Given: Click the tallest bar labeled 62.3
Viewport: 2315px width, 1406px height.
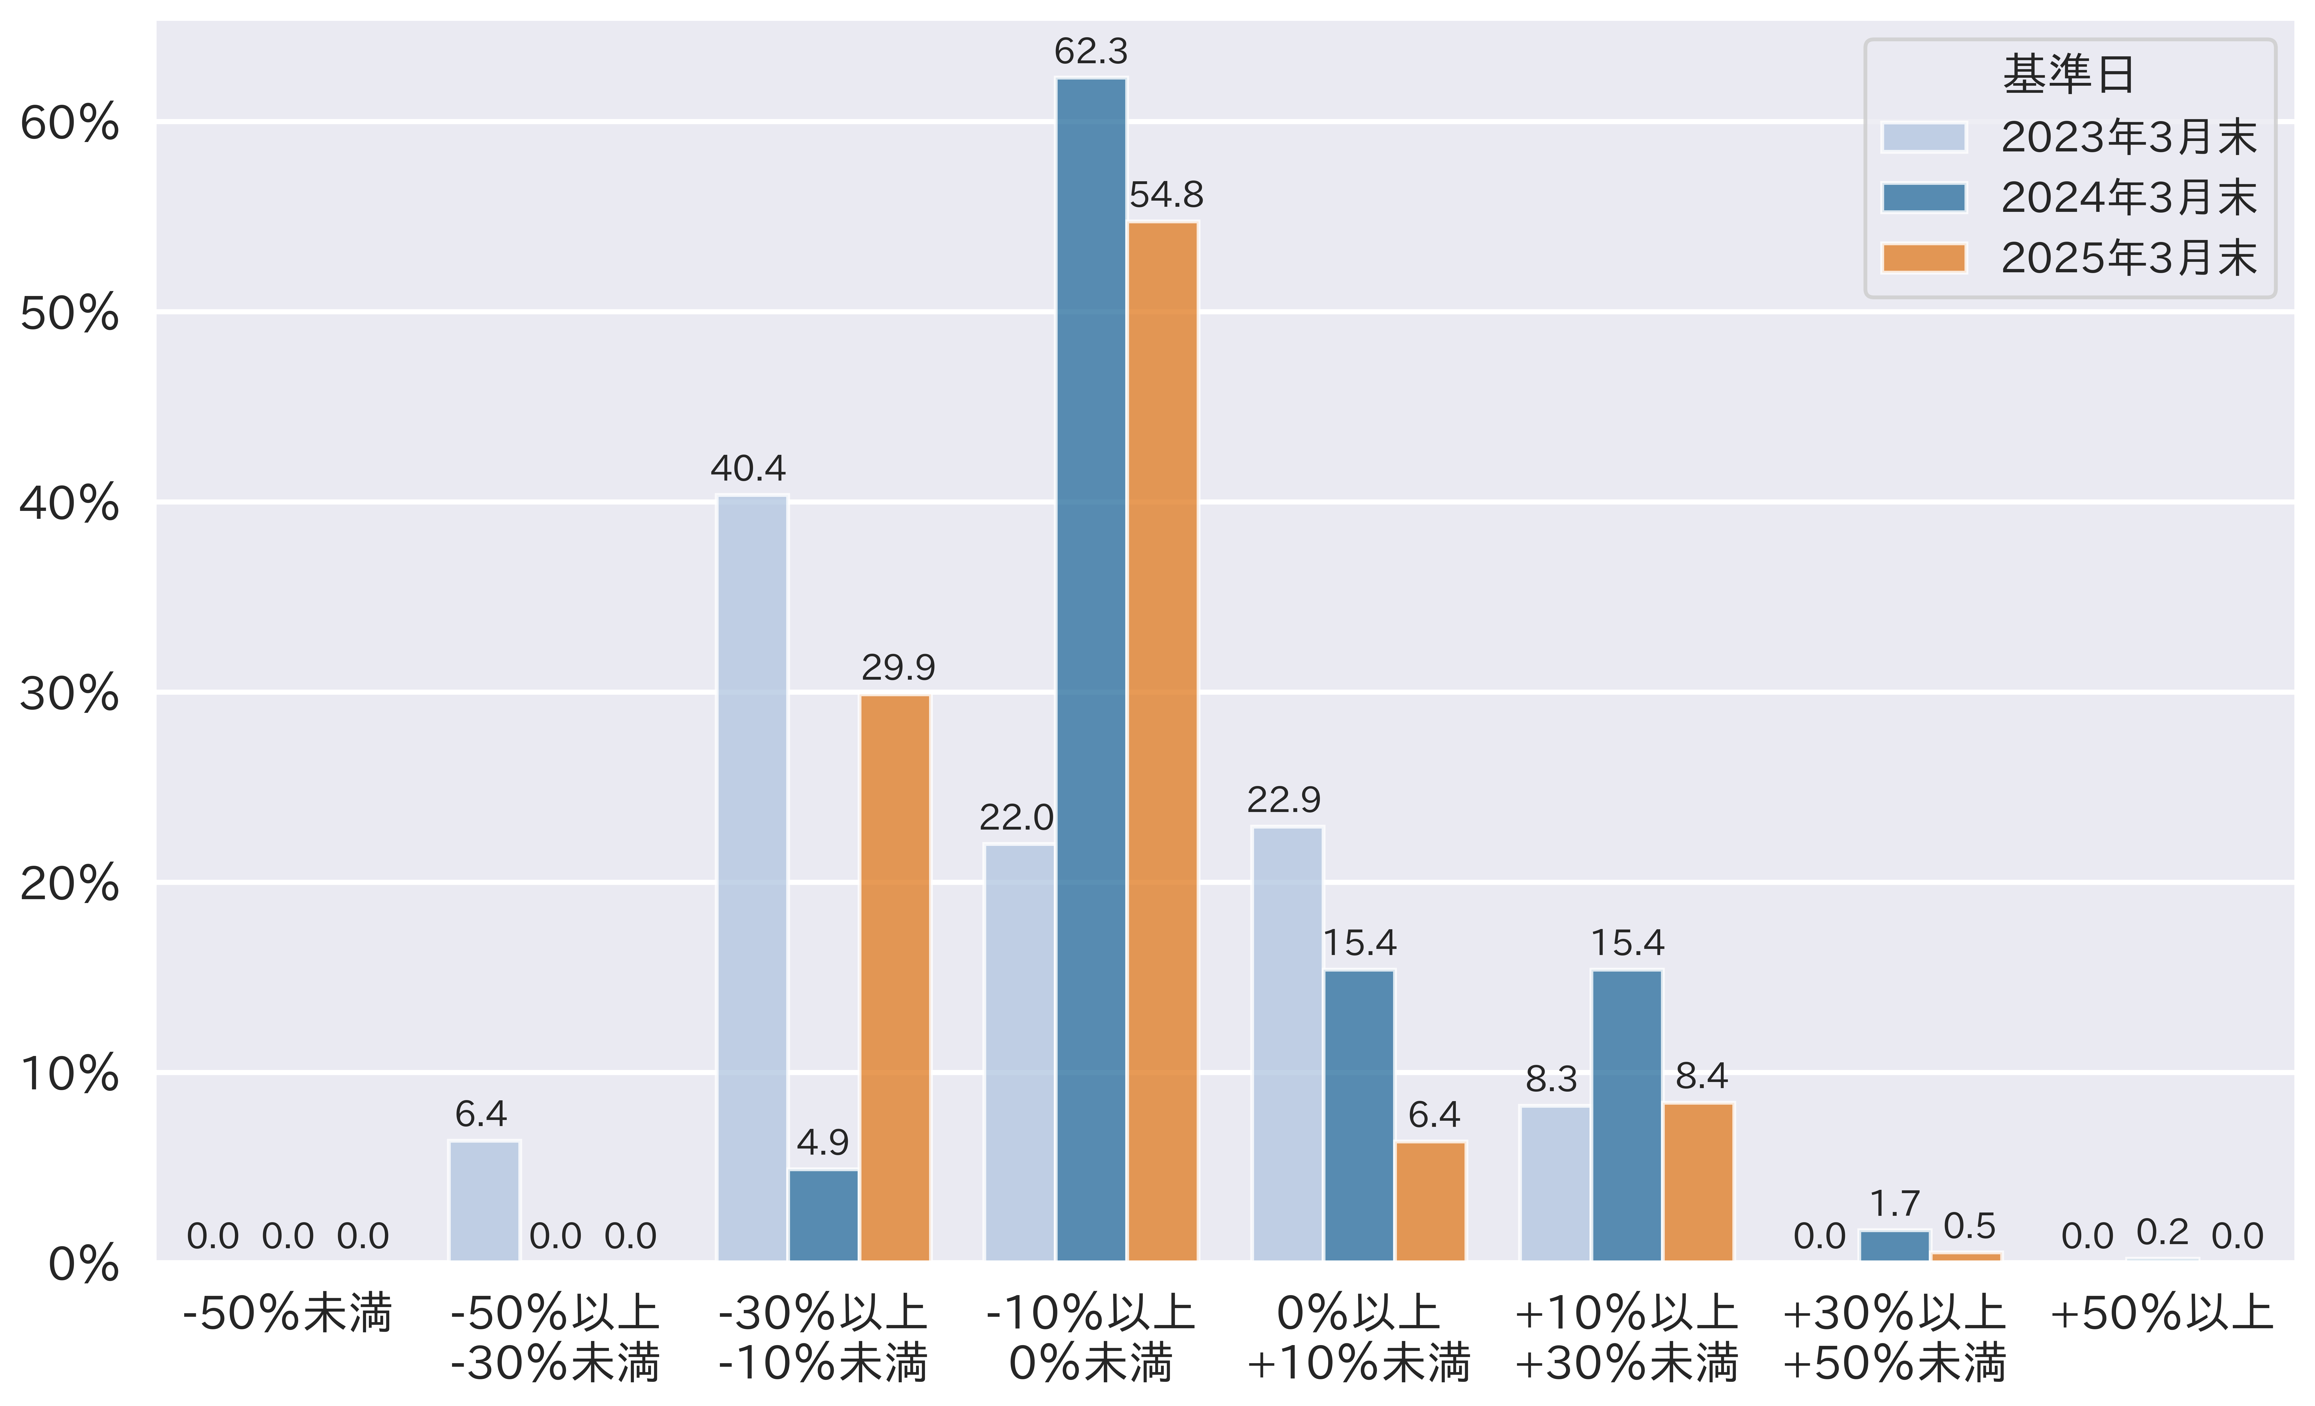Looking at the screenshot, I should coord(1091,669).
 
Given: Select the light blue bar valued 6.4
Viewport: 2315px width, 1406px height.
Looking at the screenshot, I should coord(484,1200).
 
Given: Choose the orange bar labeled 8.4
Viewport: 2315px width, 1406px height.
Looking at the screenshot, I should coord(1699,1182).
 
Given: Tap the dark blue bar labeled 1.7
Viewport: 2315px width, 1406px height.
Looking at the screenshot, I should coord(1894,1245).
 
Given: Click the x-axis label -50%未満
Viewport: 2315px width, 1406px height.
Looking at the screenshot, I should coord(286,1313).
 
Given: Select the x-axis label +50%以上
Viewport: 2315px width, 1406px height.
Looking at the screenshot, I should coord(2161,1313).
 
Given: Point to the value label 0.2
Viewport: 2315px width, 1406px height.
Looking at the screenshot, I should coord(2162,1231).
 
